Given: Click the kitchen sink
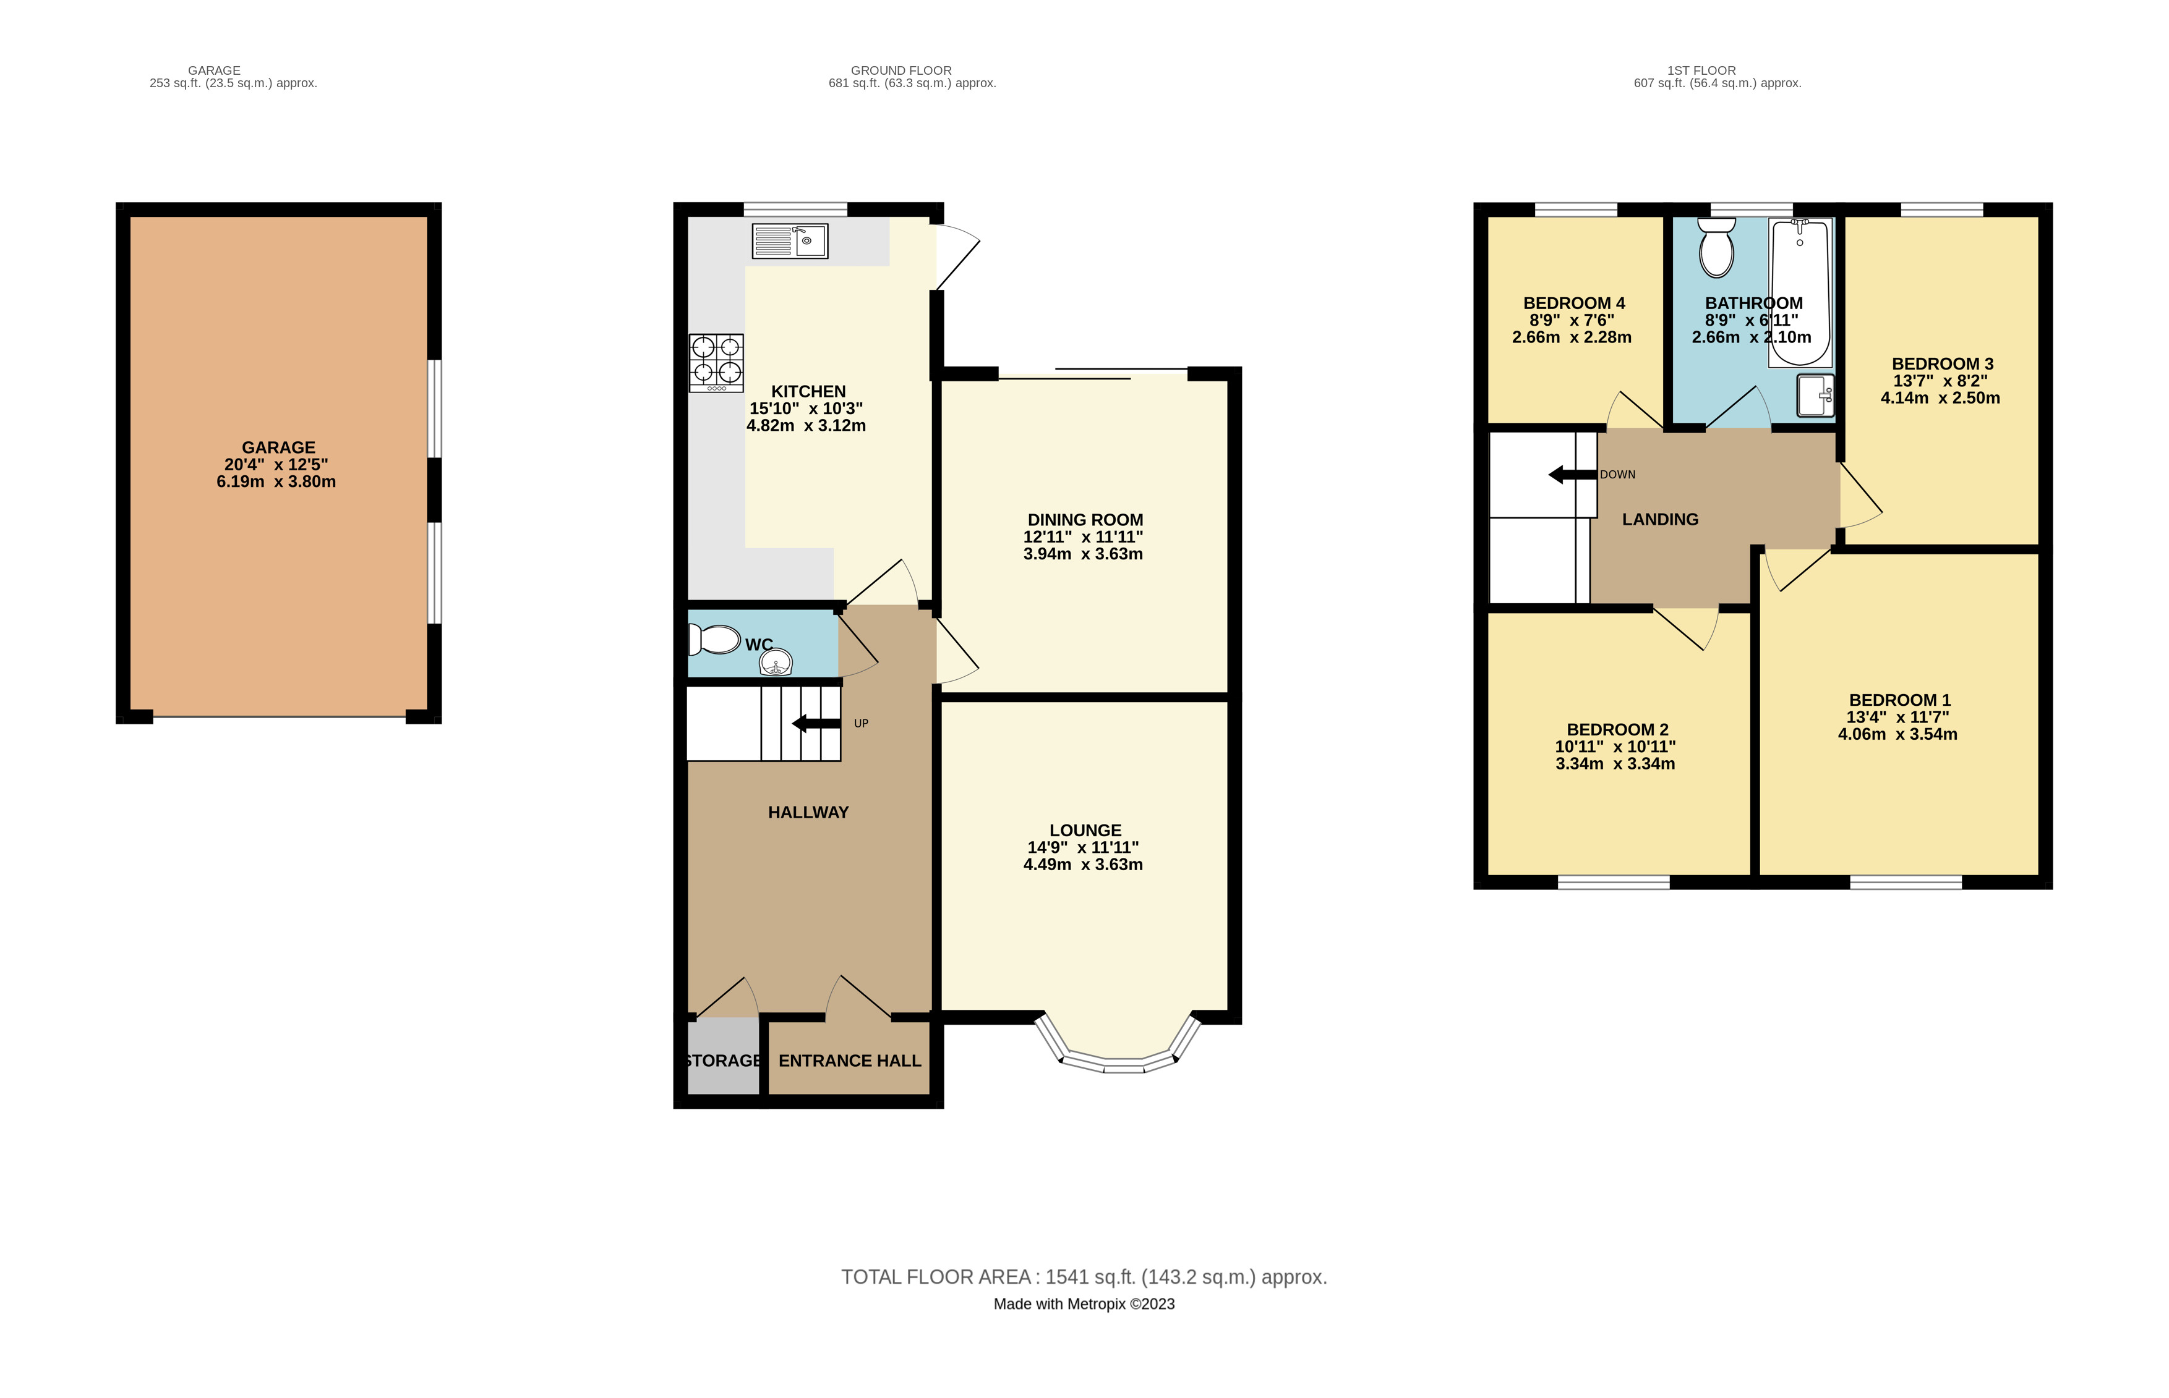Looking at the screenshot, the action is [789, 242].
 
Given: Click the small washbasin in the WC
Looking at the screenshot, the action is [776, 662].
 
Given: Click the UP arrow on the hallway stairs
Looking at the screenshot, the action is [816, 724].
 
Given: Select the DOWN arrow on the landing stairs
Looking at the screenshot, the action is [1572, 474].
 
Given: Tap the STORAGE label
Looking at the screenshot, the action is [724, 1061].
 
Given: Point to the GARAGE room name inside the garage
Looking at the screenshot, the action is [278, 447].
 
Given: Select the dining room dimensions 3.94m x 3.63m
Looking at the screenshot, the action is [1083, 554].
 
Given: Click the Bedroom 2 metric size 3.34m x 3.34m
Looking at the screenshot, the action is [1615, 763].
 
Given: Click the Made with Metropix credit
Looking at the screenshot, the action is [1084, 1303].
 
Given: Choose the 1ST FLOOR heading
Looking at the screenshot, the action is [1701, 70].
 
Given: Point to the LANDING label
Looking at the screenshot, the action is [1661, 519].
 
